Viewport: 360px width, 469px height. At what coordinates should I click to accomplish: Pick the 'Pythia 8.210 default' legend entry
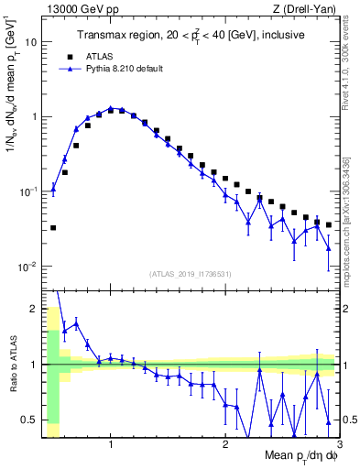[120, 68]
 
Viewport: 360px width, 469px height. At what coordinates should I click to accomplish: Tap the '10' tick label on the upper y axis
[31, 42]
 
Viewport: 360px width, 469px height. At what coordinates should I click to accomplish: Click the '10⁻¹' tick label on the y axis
[27, 191]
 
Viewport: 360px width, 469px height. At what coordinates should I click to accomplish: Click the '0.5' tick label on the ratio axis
[29, 420]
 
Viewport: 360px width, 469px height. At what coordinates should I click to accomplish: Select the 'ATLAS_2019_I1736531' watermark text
[191, 274]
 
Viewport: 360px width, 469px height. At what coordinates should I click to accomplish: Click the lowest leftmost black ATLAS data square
[53, 228]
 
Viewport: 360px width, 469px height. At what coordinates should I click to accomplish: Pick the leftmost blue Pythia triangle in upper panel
[53, 190]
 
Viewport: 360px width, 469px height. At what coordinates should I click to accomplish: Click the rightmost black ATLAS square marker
[329, 225]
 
